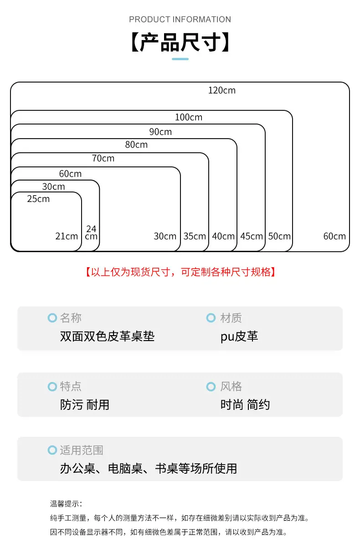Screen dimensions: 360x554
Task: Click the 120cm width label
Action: tap(222, 91)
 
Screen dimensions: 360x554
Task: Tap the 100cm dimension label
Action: tap(189, 117)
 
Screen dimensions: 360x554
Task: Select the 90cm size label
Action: tap(160, 132)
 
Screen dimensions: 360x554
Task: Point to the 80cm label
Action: tap(136, 145)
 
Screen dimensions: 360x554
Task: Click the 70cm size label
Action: tap(103, 158)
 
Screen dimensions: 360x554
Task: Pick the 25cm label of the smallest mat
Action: tap(38, 199)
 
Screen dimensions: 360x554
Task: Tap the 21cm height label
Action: tap(67, 236)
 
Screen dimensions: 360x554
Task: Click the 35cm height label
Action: tap(195, 236)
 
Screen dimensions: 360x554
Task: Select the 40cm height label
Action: tap(223, 236)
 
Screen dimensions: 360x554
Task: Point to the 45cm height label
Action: tap(252, 236)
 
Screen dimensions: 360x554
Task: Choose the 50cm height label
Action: tap(279, 236)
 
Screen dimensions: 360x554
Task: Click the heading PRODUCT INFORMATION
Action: tap(180, 19)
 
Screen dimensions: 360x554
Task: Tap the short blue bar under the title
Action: tap(180, 59)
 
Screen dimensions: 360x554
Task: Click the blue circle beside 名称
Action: tap(52, 318)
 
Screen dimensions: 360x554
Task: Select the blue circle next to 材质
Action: tap(211, 318)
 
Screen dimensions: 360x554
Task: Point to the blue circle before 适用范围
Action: tap(52, 450)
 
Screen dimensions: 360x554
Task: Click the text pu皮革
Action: tap(239, 337)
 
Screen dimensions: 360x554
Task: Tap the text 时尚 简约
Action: tap(245, 405)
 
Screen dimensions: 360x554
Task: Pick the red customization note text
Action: tap(180, 272)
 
